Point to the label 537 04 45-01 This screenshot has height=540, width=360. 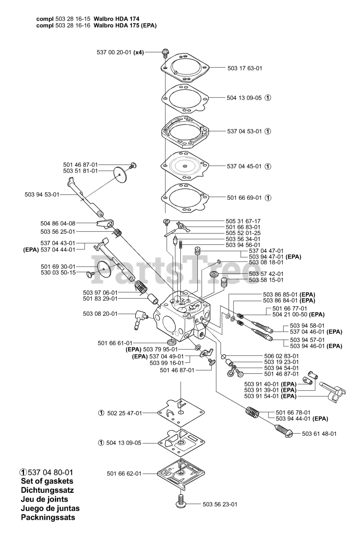click(244, 166)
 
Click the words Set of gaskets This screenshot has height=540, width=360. click(47, 481)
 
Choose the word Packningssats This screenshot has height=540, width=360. click(48, 518)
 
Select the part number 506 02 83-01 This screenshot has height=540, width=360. click(281, 356)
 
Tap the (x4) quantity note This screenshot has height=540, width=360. click(139, 53)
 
